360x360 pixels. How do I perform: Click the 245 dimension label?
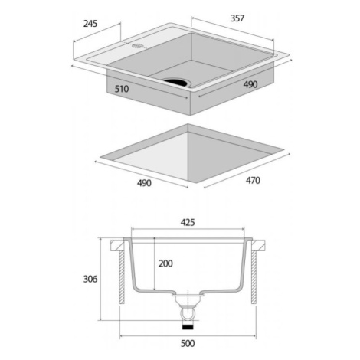tap(90, 24)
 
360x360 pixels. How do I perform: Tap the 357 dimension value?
tap(237, 18)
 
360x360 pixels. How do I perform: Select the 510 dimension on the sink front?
tap(122, 89)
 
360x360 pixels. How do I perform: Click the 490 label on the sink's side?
tap(250, 84)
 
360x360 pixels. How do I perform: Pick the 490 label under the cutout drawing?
tap(144, 183)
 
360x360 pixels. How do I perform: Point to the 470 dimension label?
tap(253, 181)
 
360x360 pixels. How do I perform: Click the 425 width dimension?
tap(188, 223)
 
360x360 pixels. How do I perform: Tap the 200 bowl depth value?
tap(165, 263)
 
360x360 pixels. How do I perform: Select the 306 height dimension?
tap(90, 279)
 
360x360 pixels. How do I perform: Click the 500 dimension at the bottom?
tap(188, 344)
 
